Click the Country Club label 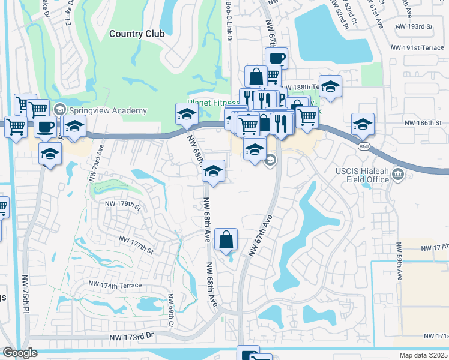(137, 34)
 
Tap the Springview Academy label (107, 110)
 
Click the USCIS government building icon (397, 175)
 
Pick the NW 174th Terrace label (115, 283)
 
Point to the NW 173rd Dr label (132, 339)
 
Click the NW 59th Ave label (399, 262)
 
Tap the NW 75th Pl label (25, 295)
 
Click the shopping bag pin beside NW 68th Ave (226, 240)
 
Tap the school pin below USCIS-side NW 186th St (363, 124)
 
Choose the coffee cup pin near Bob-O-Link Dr (276, 59)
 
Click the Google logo (20, 353)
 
